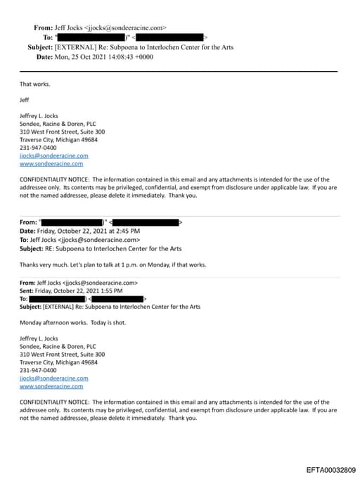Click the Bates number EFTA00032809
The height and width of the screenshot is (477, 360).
330,469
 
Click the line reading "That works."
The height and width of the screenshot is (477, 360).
35,84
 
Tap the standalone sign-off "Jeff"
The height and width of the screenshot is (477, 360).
25,100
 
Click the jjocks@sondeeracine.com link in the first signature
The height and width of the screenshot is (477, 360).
54,155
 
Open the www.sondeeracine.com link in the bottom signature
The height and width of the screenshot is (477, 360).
51,386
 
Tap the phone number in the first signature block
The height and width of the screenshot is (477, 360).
39,147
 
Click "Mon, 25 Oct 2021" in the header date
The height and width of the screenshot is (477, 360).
79,56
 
